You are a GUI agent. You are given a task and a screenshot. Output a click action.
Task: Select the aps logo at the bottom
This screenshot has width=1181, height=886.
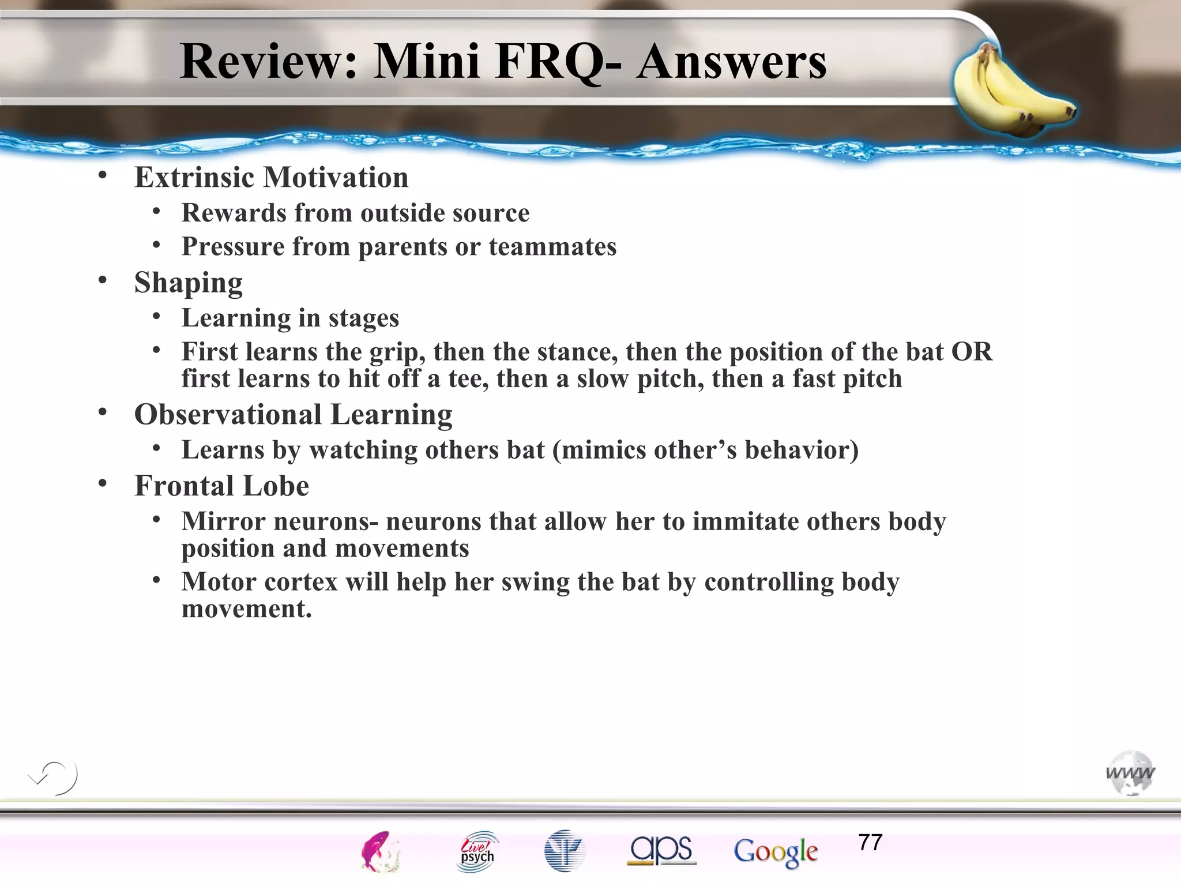661,850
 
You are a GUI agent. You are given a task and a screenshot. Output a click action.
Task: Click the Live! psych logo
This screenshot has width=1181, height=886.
477,851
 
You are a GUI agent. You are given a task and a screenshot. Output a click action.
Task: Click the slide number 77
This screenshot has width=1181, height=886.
870,843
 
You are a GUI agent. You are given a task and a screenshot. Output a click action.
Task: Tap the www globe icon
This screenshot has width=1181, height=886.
1130,773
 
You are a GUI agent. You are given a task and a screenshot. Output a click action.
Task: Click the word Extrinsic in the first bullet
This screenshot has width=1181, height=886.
194,177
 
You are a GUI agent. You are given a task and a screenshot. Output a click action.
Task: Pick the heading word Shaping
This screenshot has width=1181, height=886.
189,283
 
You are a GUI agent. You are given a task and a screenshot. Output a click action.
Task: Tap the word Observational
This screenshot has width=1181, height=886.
228,415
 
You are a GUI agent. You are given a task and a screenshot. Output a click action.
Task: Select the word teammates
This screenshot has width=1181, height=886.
552,247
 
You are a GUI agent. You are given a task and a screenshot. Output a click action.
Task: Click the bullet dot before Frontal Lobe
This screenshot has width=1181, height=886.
103,483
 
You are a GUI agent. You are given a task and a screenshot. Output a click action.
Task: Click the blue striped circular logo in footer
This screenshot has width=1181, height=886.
564,851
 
